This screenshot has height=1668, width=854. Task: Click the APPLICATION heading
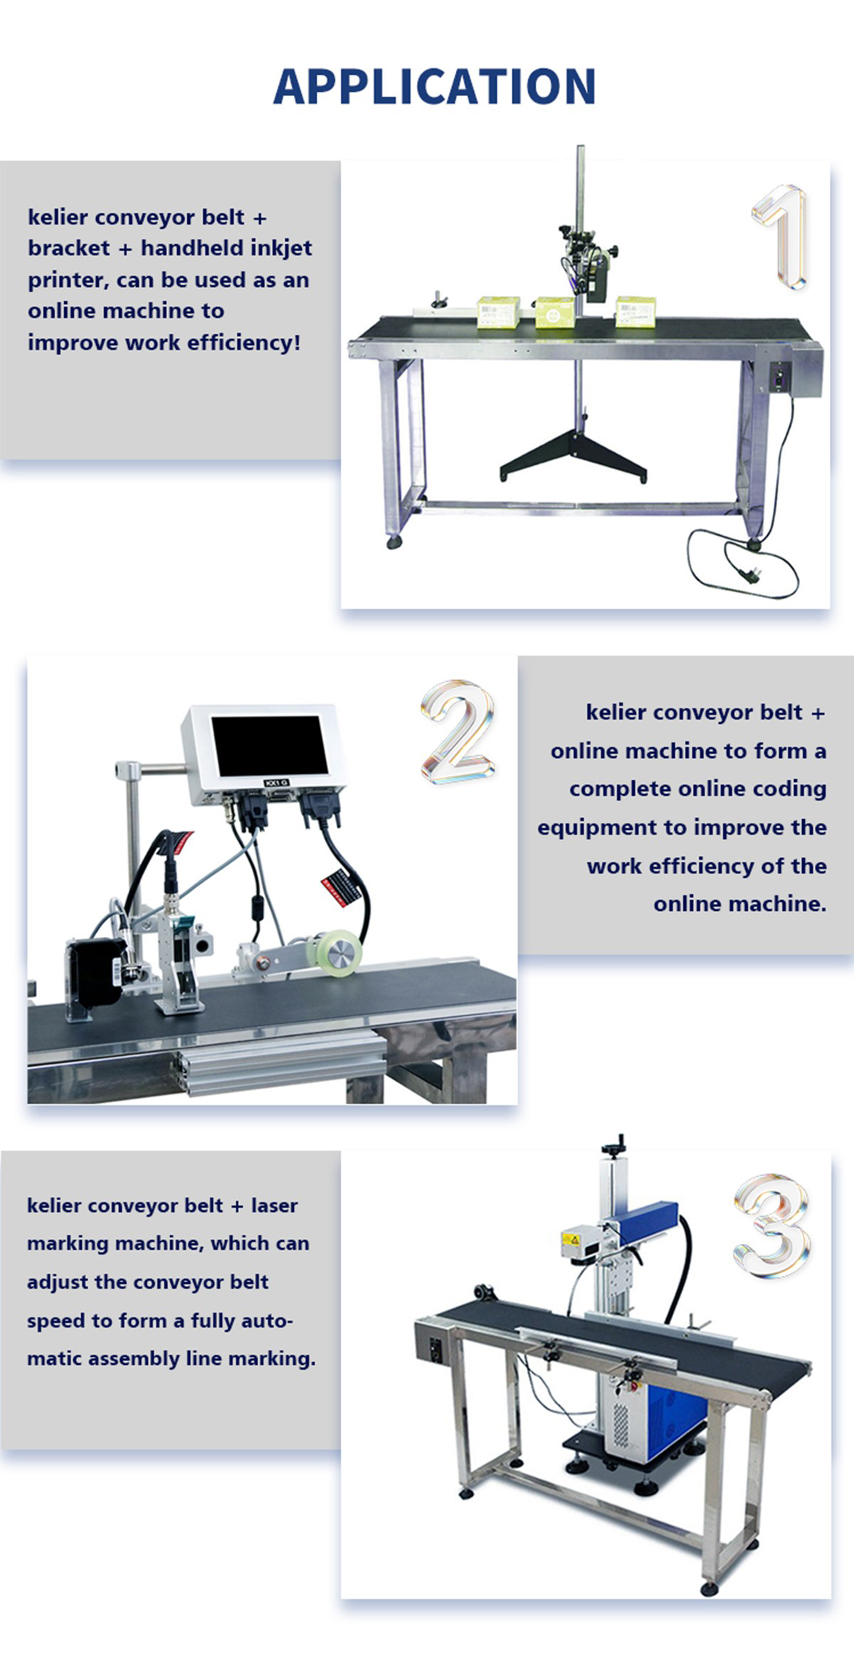point(434,87)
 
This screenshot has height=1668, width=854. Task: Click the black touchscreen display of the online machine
point(270,746)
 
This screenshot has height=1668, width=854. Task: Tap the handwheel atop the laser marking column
point(613,1146)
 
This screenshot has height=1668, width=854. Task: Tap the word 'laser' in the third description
point(274,1206)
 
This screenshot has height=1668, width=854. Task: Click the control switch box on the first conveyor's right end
point(781,376)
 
